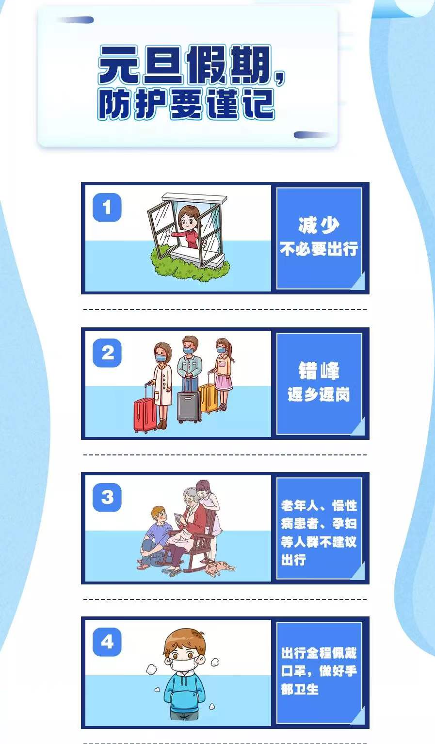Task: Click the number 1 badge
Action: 107,207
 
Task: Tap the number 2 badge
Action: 107,353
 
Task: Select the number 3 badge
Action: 107,497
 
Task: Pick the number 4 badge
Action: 107,642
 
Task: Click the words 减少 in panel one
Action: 319,226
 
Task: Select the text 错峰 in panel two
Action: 319,371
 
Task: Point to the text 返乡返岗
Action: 319,395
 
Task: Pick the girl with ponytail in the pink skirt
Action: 223,373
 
